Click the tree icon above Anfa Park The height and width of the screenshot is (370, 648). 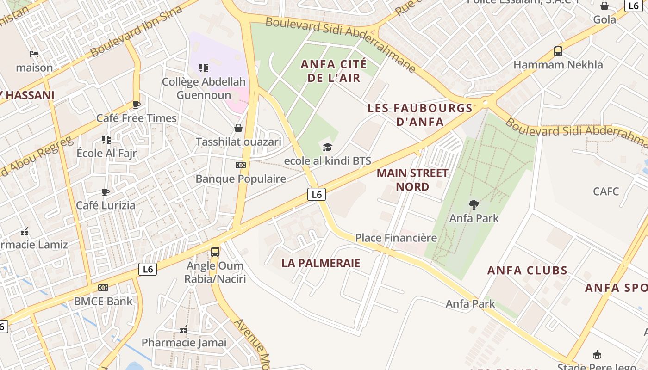474,204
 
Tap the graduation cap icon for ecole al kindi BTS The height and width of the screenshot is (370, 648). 327,148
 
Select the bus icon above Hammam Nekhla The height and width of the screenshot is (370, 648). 558,51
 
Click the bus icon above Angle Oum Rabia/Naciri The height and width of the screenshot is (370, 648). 215,252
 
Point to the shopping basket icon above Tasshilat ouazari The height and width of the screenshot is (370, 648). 238,128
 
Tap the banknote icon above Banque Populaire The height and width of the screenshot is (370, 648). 241,165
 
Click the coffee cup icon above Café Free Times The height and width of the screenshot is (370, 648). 137,105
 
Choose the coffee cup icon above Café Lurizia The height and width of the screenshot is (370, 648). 106,192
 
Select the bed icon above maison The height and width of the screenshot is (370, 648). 34,54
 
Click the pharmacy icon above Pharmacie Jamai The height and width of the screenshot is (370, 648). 184,329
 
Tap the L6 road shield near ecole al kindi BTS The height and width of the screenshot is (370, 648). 317,194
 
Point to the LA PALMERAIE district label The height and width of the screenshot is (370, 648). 321,263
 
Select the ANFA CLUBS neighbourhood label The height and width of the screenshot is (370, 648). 527,271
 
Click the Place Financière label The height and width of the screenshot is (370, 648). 396,238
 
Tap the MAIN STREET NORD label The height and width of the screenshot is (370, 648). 412,180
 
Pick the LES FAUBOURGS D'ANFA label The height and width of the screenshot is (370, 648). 420,115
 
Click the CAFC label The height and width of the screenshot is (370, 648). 606,191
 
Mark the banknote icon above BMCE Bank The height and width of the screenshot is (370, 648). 103,288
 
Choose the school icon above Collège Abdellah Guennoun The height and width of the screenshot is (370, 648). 204,68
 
